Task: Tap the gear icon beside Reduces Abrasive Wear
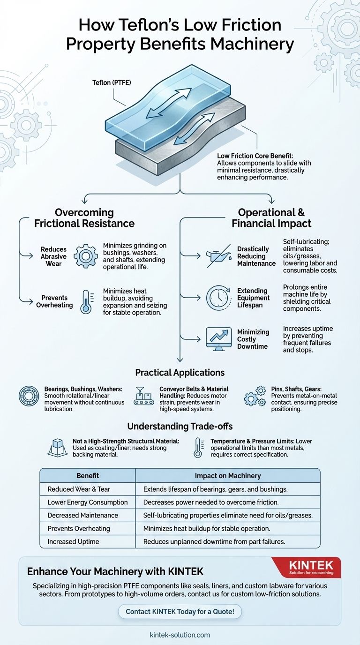(x=86, y=255)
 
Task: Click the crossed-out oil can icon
(x=218, y=256)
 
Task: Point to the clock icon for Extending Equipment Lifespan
(x=218, y=298)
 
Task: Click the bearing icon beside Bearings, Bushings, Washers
(x=29, y=396)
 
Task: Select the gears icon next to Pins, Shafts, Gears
(x=255, y=397)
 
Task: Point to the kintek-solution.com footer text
(x=180, y=635)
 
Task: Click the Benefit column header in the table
(x=88, y=475)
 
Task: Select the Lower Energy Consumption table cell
(x=88, y=502)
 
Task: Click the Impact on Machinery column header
(x=228, y=475)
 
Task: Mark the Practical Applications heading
(x=180, y=373)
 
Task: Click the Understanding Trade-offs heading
(x=180, y=427)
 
